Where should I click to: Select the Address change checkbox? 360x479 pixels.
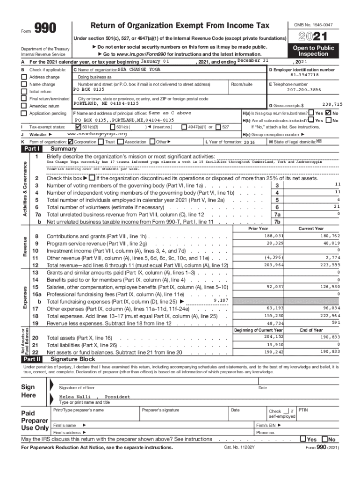click(24, 77)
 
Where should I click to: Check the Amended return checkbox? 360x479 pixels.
click(24, 106)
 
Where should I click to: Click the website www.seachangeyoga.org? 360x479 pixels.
click(97, 134)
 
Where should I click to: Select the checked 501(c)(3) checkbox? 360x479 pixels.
click(78, 127)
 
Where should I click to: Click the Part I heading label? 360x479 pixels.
click(33, 149)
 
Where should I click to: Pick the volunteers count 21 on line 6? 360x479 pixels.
click(336, 207)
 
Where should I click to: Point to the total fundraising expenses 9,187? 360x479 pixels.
click(220, 300)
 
